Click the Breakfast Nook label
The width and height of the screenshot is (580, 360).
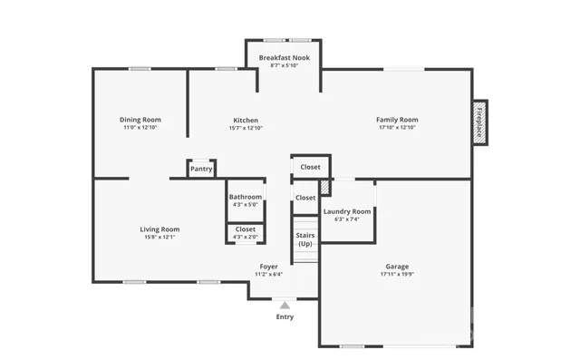click(284, 58)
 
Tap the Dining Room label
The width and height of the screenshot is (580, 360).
click(140, 120)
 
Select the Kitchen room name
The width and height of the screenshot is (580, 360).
click(246, 120)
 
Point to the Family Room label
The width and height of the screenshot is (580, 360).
click(397, 120)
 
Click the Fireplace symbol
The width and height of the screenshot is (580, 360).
click(479, 122)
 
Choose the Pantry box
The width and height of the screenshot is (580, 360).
click(201, 169)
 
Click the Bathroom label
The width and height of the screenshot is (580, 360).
click(246, 197)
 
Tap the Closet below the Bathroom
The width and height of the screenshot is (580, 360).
click(246, 229)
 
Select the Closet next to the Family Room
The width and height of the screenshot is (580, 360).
click(310, 167)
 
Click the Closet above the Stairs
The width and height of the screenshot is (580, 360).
click(305, 198)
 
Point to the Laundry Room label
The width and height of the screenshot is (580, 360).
click(347, 211)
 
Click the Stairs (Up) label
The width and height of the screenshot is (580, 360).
click(305, 239)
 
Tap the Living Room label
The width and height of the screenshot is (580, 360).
click(159, 229)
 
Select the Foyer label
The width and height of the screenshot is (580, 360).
click(269, 267)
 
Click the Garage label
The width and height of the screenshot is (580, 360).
click(397, 267)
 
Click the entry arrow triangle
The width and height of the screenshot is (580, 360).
click(285, 306)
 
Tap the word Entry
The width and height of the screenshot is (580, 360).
click(285, 316)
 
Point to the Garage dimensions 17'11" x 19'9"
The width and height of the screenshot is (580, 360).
click(397, 275)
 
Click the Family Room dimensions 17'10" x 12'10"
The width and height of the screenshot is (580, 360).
click(397, 128)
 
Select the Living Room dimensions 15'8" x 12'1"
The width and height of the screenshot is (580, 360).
click(159, 238)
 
